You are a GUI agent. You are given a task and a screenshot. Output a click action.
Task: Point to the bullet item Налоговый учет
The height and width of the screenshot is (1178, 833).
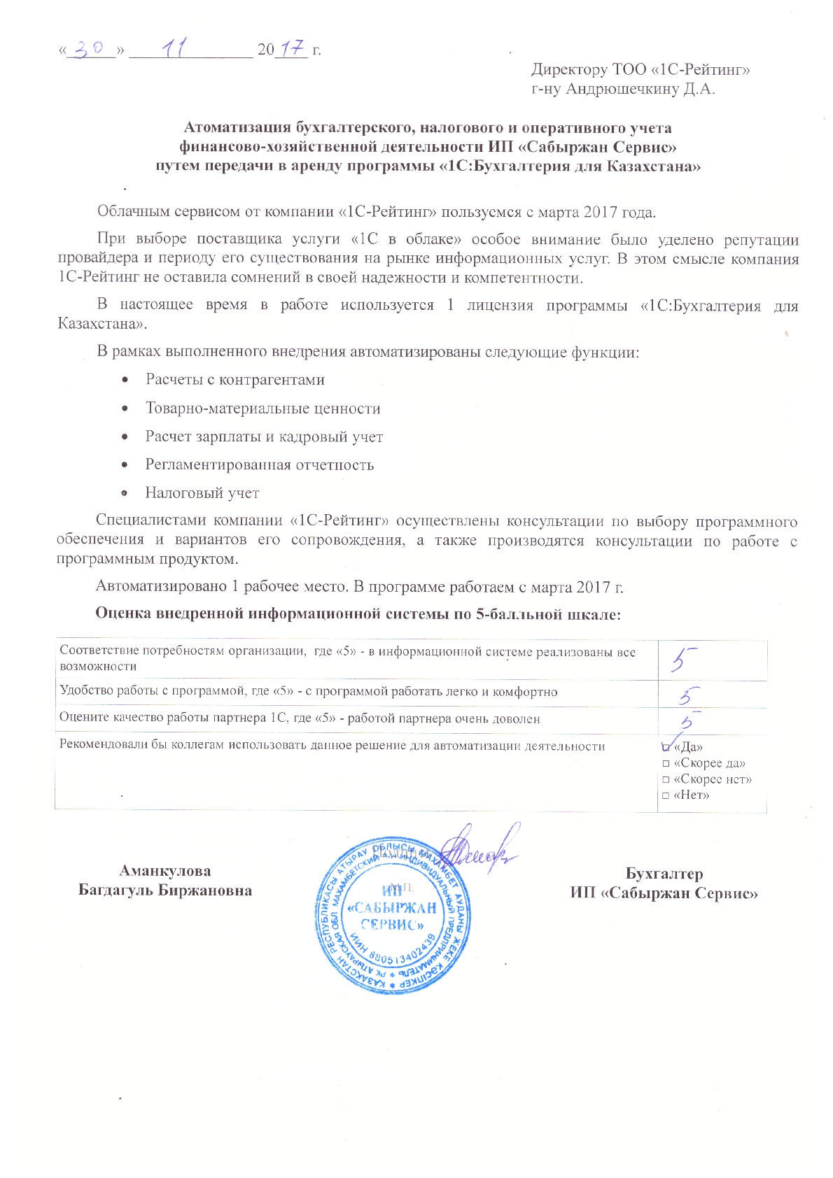(x=202, y=493)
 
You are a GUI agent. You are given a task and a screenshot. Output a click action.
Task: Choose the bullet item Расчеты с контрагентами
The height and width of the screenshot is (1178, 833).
(x=234, y=380)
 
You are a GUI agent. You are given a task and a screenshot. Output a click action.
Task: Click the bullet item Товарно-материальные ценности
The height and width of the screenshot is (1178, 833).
(x=262, y=409)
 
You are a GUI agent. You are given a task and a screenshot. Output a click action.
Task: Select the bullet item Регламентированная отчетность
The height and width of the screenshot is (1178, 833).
(x=259, y=464)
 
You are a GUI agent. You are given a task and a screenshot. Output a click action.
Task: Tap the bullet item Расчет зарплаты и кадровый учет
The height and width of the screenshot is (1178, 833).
(x=264, y=437)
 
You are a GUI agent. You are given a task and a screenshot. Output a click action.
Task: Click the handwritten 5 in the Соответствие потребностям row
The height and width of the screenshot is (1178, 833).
(x=682, y=658)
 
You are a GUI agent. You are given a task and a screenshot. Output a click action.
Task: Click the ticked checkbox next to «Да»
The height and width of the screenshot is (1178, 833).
(x=666, y=747)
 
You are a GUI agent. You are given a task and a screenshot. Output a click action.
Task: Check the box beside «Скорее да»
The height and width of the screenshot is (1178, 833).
(x=666, y=763)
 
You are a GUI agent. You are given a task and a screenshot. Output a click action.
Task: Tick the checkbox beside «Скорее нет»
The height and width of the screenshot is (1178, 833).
(x=666, y=779)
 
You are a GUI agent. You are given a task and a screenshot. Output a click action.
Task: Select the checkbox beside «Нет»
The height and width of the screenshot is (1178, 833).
(x=666, y=795)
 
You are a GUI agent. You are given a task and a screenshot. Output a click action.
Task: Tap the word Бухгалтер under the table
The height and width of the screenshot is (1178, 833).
(x=664, y=874)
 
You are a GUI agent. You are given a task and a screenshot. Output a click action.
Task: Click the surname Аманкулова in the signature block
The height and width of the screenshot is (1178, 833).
(x=165, y=871)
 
